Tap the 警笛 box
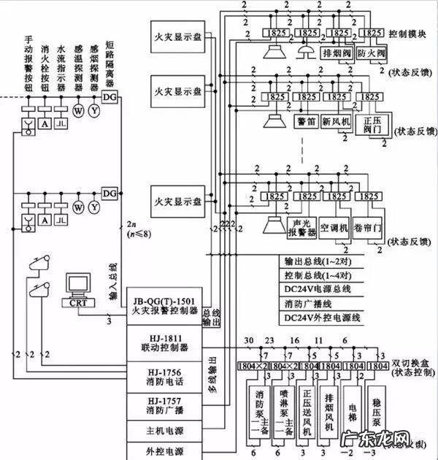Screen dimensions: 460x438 click(306, 120)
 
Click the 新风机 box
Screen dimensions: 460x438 click(337, 120)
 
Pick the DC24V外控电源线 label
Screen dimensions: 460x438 click(322, 318)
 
